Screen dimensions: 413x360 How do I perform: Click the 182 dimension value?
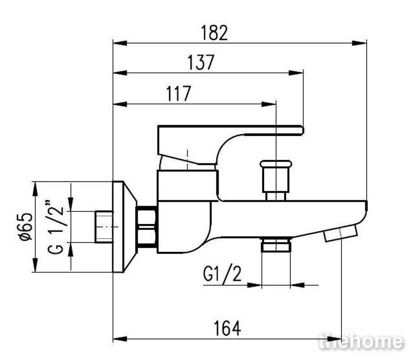click(214, 33)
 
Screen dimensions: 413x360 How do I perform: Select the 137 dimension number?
click(201, 63)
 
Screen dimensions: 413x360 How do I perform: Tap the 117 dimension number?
click(178, 94)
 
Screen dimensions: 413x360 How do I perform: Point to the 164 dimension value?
click(227, 328)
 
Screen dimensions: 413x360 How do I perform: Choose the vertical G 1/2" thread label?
click(56, 227)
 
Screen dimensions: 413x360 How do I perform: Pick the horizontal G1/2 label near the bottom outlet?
click(222, 274)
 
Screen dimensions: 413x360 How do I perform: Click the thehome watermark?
click(361, 342)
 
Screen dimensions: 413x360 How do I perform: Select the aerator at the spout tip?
click(341, 233)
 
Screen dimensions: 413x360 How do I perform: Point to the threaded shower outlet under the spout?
click(276, 244)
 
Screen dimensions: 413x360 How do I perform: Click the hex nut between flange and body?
click(147, 227)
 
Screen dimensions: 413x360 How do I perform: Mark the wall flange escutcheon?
click(124, 227)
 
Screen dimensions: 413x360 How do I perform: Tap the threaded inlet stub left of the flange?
click(104, 227)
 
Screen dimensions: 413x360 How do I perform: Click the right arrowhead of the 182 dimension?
click(359, 43)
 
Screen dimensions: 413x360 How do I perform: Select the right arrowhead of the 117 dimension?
click(269, 104)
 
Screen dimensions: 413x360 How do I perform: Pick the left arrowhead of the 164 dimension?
click(120, 339)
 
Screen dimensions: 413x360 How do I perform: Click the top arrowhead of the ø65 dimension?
click(35, 189)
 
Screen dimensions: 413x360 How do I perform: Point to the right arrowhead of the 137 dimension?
click(296, 73)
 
